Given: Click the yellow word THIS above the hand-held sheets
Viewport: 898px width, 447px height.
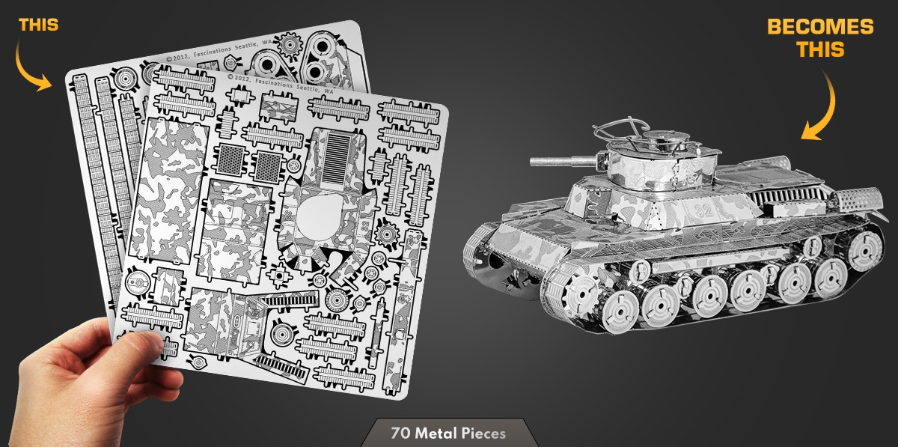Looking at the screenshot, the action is (38, 25).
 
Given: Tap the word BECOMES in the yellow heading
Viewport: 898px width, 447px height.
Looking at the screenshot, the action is (820, 27).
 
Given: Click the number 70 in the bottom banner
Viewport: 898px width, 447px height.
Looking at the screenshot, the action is (401, 434).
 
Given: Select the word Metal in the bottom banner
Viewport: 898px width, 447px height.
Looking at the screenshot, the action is (436, 434).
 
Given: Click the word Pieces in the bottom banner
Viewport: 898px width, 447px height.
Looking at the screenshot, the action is (483, 434).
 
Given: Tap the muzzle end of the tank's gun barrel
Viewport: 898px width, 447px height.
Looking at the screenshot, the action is (532, 162).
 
